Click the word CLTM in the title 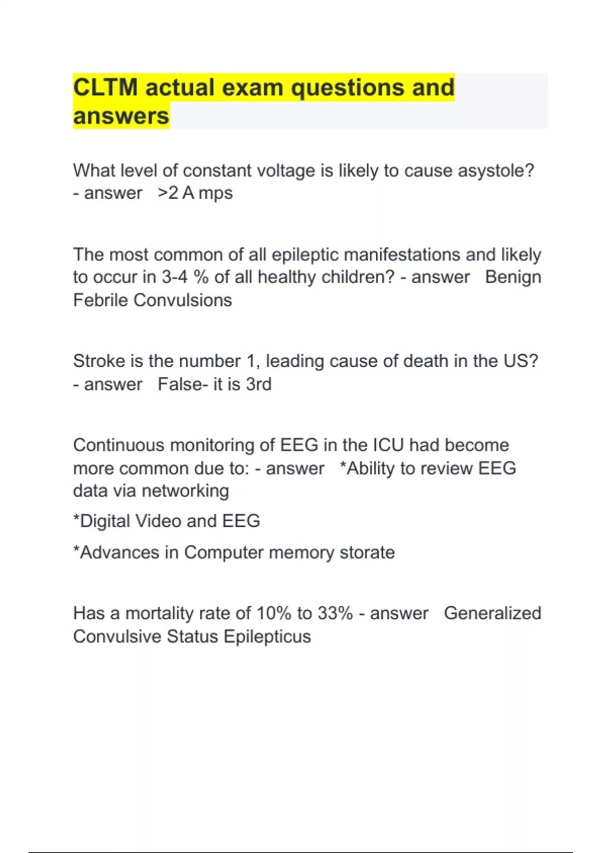[x=105, y=87]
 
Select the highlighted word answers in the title [x=121, y=116]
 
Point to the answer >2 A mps [x=195, y=193]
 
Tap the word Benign [x=513, y=277]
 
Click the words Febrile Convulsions [x=153, y=300]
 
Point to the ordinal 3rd [x=259, y=384]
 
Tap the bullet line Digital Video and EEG [x=167, y=521]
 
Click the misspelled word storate [x=367, y=552]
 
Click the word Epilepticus [x=267, y=636]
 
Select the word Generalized [x=492, y=613]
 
